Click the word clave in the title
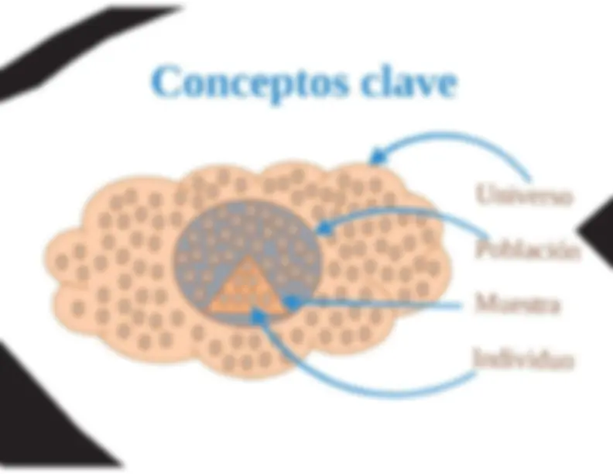(409, 81)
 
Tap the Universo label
(524, 194)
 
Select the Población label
(527, 249)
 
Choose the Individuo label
(523, 358)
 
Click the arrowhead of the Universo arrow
(377, 157)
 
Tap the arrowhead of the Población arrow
(324, 228)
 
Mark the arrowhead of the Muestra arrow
(292, 302)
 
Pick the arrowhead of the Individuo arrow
(258, 316)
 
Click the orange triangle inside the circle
(247, 287)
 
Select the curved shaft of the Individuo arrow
(352, 387)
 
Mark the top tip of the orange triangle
(247, 256)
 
